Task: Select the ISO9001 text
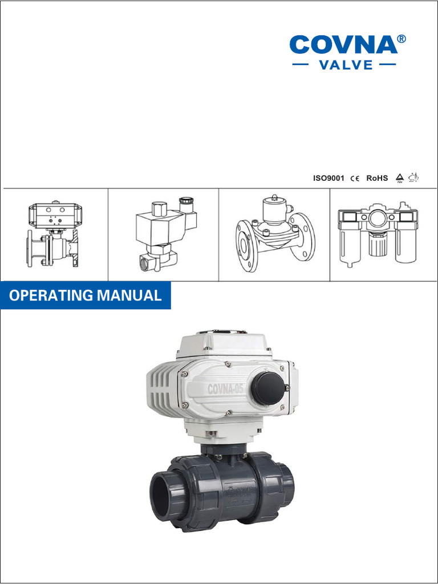pos(328,179)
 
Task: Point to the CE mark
pos(355,179)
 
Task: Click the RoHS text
pos(377,179)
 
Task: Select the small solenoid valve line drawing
pos(165,234)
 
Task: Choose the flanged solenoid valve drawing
pos(275,234)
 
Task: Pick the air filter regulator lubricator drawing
pos(378,234)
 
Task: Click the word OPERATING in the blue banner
pos(48,295)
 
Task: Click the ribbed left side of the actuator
pos(163,388)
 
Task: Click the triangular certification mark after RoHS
pos(400,179)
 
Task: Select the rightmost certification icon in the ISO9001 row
pos(415,178)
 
